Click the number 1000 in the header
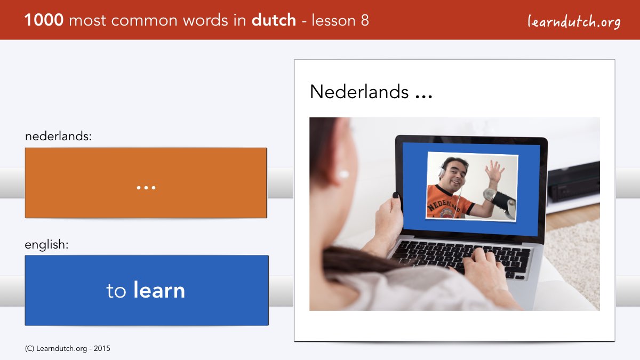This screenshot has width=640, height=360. pos(44,20)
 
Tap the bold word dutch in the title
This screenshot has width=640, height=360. pos(274,20)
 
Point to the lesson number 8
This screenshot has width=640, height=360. pos(365,20)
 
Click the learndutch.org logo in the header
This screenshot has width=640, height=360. pos(574,22)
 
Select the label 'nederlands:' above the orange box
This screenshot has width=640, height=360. pos(58,136)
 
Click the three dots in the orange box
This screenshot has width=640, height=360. pos(146,188)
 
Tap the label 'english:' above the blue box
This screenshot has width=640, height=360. pos(46,245)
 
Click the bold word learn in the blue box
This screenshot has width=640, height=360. pos(159,290)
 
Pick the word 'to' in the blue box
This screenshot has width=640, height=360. pos(116,291)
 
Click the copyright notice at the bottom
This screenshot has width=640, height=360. pos(67,349)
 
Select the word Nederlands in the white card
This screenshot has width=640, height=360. pos(359,92)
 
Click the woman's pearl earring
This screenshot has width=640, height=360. pos(343,174)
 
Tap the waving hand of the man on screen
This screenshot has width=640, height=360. pos(494,171)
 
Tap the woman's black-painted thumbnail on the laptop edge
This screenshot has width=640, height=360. pos(396,195)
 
